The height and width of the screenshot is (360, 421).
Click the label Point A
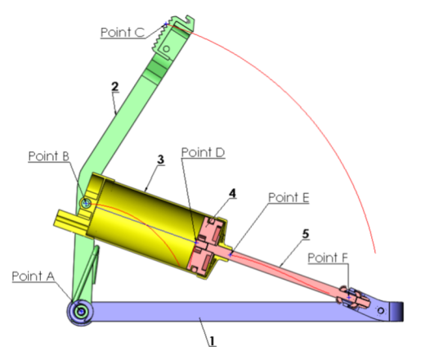34,277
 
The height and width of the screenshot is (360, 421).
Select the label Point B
49,156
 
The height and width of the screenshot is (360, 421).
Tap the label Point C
123,32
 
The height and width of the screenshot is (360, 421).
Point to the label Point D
203,152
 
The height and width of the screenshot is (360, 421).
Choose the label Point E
289,197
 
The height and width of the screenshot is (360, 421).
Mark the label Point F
328,258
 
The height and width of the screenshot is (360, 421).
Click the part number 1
212,341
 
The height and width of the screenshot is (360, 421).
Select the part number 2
115,87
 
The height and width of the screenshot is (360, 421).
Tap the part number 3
161,160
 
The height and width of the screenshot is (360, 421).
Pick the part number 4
232,193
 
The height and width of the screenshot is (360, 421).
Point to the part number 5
306,234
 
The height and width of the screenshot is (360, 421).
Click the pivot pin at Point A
81,312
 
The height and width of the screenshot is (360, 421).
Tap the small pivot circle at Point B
86,203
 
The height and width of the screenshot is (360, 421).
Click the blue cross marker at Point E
231,254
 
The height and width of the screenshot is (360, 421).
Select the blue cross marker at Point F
348,297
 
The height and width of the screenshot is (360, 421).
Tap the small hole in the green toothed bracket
166,49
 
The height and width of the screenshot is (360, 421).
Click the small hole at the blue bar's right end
381,310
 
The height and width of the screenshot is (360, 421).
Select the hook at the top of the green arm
189,20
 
